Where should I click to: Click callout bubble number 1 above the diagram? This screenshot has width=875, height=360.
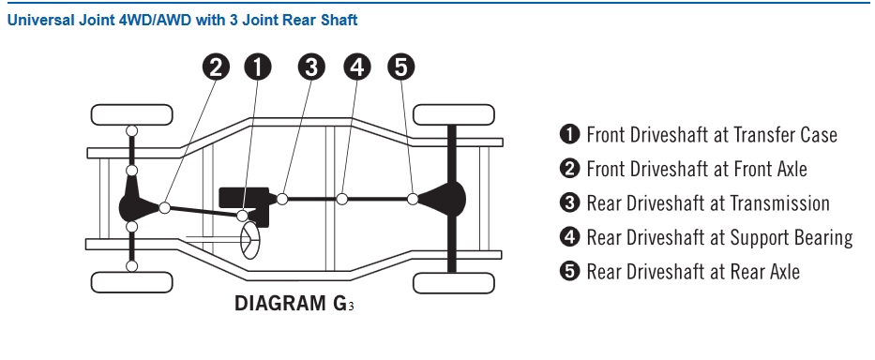pyautogui.click(x=258, y=67)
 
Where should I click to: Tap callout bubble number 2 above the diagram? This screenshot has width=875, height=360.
pyautogui.click(x=216, y=67)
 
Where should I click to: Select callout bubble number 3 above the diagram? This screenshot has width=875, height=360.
pyautogui.click(x=311, y=67)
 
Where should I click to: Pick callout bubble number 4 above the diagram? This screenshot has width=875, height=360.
pyautogui.click(x=357, y=67)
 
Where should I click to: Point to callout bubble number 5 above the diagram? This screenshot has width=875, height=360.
pyautogui.click(x=401, y=67)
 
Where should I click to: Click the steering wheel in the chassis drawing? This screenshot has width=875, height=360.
pyautogui.click(x=250, y=240)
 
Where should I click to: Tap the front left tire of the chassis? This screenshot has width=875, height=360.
pyautogui.click(x=131, y=282)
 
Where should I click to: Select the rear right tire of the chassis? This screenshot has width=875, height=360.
pyautogui.click(x=453, y=114)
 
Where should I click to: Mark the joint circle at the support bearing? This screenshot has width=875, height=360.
pyautogui.click(x=342, y=199)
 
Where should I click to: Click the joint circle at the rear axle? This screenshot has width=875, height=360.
pyautogui.click(x=413, y=199)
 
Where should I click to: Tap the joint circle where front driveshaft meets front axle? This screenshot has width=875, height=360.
pyautogui.click(x=165, y=207)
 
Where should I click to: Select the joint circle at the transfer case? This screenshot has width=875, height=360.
pyautogui.click(x=243, y=216)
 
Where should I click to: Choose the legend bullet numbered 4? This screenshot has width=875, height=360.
pyautogui.click(x=569, y=237)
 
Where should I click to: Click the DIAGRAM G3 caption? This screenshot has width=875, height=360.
pyautogui.click(x=294, y=303)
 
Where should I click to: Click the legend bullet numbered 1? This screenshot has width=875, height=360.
pyautogui.click(x=569, y=134)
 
